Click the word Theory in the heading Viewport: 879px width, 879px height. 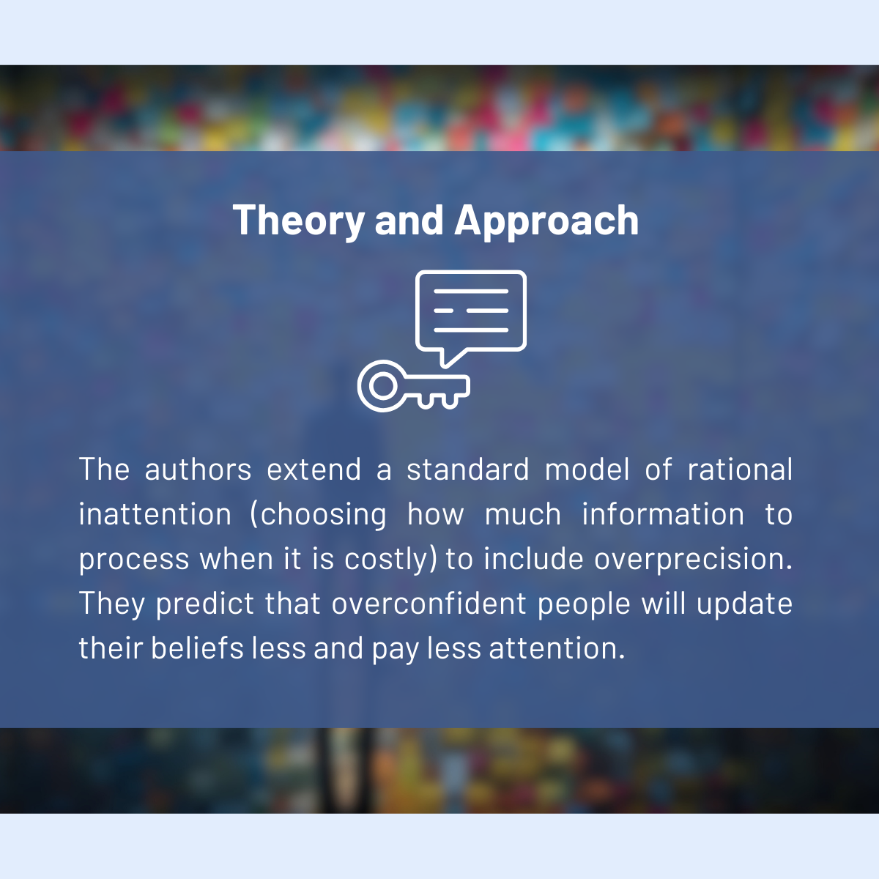[298, 221]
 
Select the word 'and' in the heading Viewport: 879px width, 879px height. [409, 220]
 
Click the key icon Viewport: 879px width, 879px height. [414, 386]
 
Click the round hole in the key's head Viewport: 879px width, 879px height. [382, 386]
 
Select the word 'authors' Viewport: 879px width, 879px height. [198, 470]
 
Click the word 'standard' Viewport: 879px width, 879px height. [468, 469]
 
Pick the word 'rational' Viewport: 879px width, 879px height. [740, 469]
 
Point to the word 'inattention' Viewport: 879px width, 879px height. [155, 514]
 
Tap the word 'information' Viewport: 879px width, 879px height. [663, 514]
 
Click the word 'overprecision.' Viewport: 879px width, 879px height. [693, 560]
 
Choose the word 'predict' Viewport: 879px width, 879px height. [205, 604]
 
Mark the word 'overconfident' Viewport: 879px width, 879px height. [429, 603]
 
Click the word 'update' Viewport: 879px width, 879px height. [744, 604]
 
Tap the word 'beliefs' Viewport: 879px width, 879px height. [198, 648]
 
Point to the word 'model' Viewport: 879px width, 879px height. [587, 469]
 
